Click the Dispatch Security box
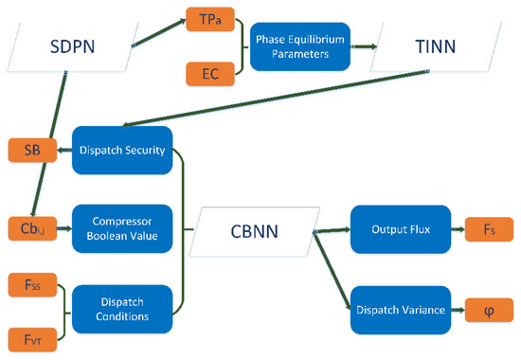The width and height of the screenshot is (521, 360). click(120, 150)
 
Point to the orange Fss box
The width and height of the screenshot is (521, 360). click(27, 281)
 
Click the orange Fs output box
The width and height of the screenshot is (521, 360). click(483, 228)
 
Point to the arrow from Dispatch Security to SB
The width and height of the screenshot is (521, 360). click(63, 150)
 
